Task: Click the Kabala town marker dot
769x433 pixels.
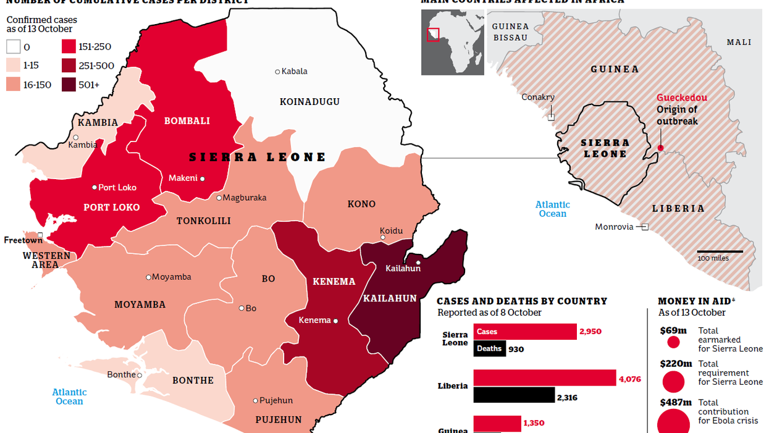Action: coord(277,72)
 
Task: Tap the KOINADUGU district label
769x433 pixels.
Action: coord(309,101)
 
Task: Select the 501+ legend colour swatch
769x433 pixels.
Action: coord(69,85)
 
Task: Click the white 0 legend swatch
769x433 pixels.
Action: coord(14,47)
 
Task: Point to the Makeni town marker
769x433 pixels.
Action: coord(202,179)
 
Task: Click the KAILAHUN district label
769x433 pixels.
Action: coord(390,298)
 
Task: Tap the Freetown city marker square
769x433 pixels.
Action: coord(40,235)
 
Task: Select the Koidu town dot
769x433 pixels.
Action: coord(383,237)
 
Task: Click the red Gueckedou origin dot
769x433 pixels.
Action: coord(660,148)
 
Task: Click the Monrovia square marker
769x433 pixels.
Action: coord(644,227)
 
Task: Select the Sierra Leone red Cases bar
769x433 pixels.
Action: coord(525,332)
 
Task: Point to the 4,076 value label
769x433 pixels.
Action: coord(629,380)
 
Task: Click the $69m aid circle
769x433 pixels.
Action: coord(673,342)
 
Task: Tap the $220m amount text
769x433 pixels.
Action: coord(673,364)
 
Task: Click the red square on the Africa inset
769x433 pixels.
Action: coord(434,35)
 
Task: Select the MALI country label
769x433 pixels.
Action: coord(739,42)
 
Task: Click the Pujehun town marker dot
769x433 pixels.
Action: coord(255,401)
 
